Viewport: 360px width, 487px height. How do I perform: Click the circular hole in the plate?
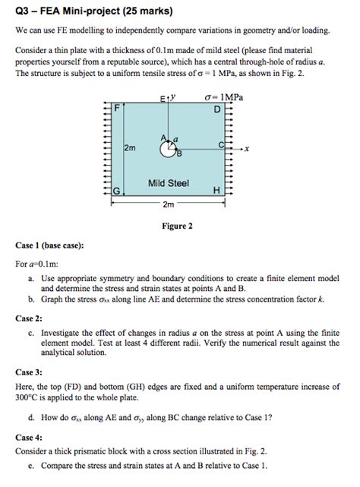click(168, 150)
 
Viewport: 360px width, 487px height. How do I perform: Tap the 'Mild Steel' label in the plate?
click(169, 183)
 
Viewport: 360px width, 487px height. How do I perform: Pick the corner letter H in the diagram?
click(218, 191)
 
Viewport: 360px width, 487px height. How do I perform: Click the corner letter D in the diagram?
click(218, 109)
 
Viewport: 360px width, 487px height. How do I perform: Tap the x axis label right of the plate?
click(248, 150)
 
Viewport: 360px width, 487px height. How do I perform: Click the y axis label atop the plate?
click(174, 97)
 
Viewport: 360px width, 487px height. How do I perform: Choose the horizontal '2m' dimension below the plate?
click(168, 205)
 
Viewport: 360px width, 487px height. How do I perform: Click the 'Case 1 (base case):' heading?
click(50, 246)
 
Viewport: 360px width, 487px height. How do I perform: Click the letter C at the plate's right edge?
click(220, 144)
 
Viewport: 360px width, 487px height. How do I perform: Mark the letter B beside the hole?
click(179, 156)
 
